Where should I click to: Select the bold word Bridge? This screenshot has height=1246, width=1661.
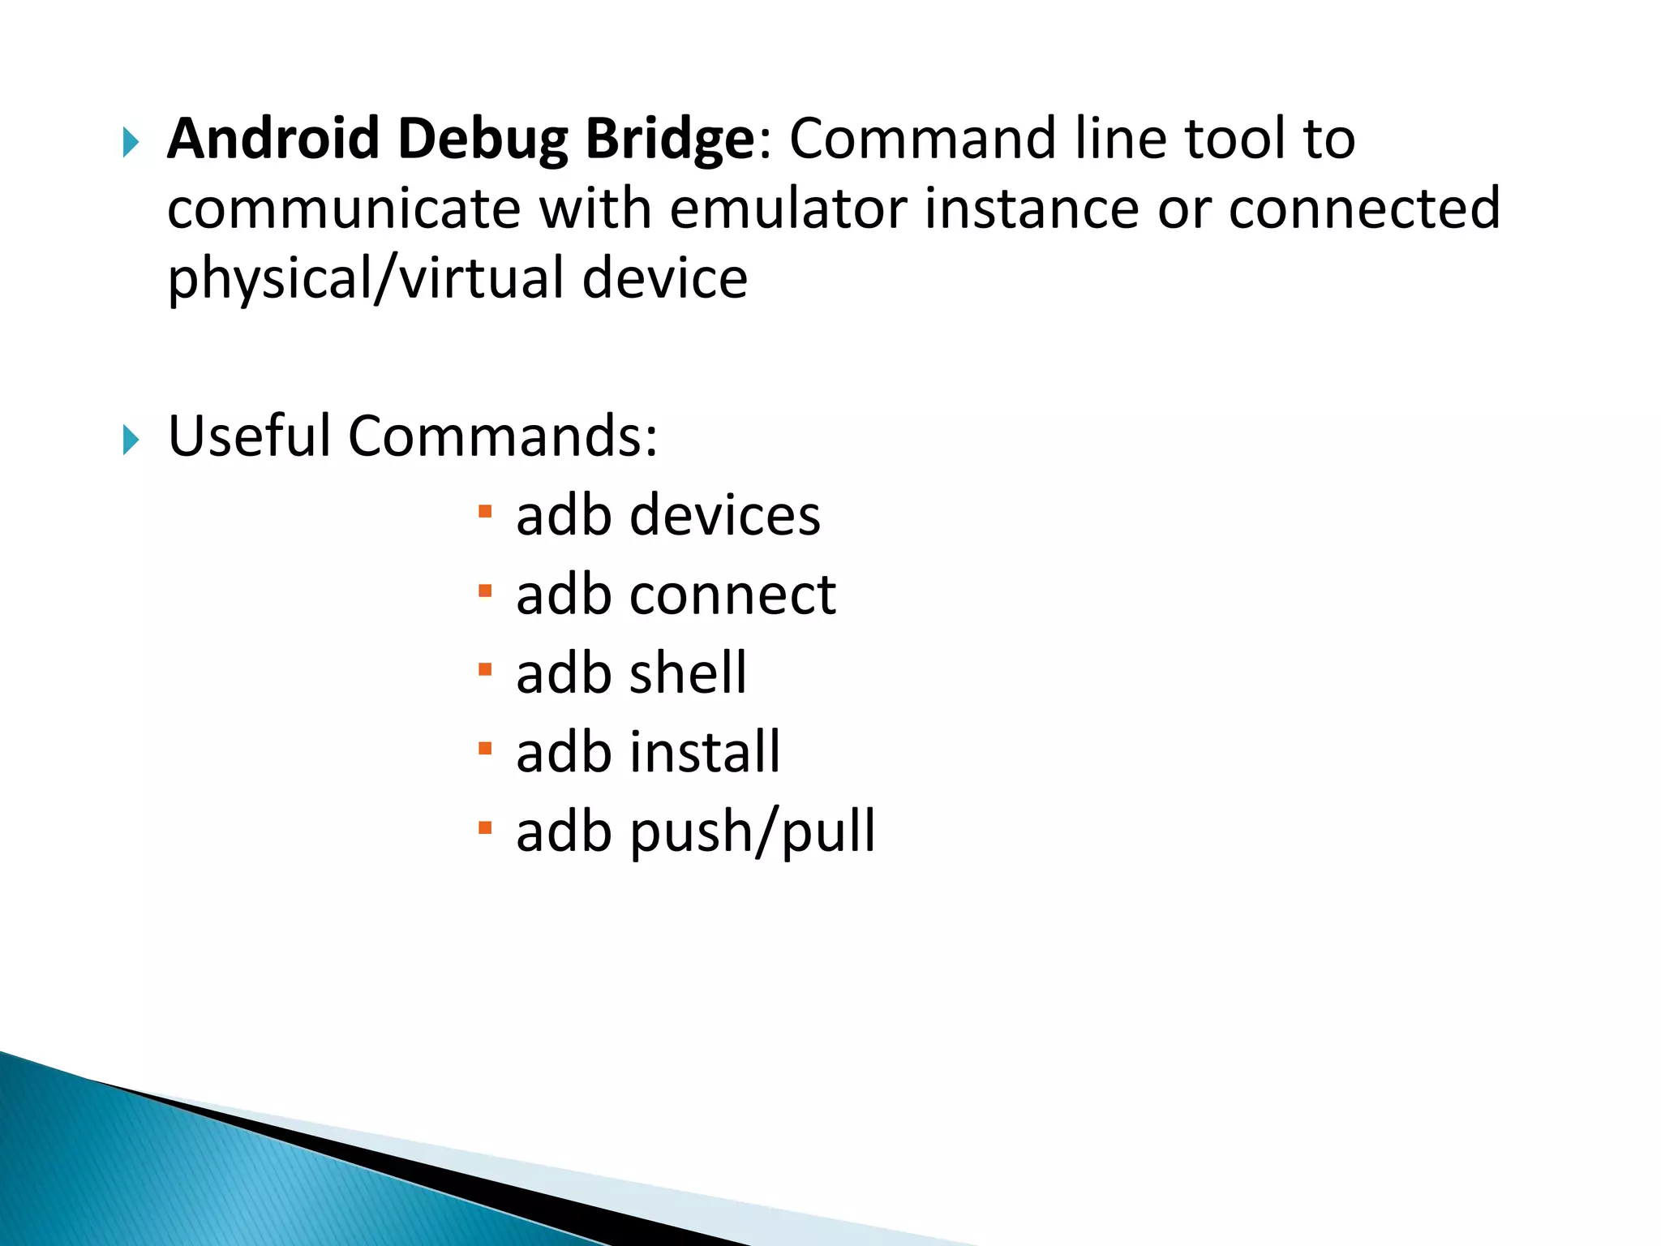(670, 140)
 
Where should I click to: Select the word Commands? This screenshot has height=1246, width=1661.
(503, 436)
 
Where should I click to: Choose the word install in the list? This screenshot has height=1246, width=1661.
(705, 752)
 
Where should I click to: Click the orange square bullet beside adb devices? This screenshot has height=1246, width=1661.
(485, 512)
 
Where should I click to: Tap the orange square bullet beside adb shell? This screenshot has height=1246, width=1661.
(485, 670)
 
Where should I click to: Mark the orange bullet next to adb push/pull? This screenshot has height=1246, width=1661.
(485, 828)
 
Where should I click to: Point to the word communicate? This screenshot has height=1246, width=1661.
(343, 208)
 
